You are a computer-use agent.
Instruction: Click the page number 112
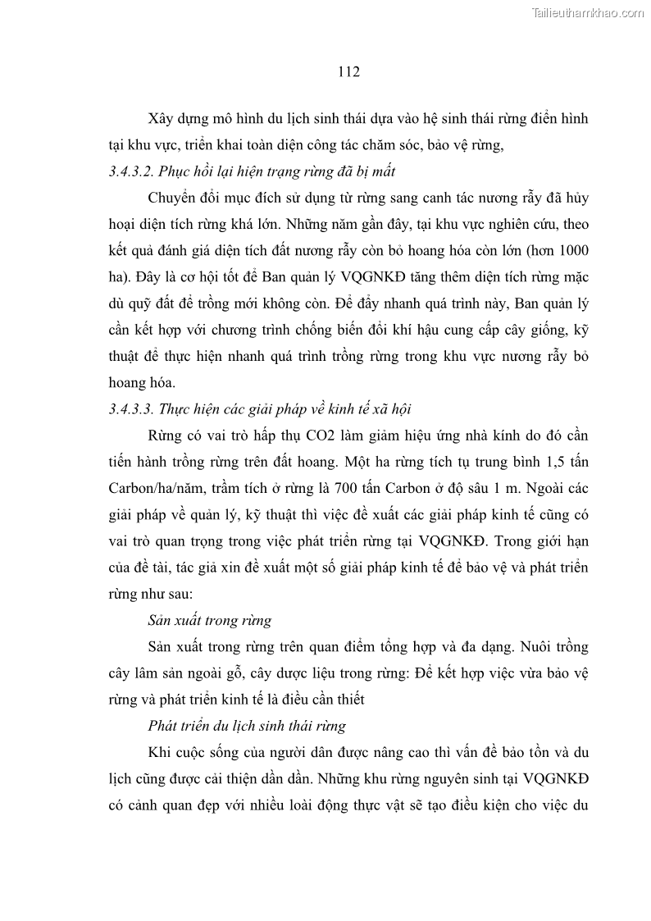348,72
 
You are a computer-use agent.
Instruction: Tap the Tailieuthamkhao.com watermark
589,13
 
